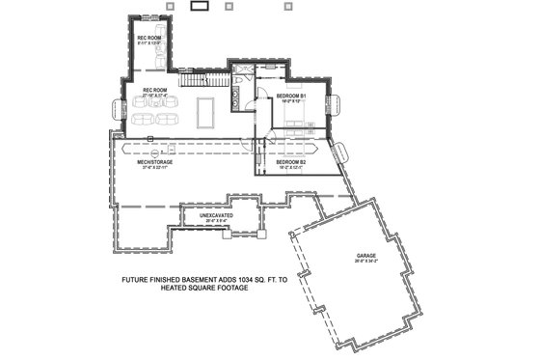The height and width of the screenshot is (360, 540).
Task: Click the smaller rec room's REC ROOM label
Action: pos(148,38)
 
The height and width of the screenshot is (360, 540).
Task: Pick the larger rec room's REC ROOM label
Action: pos(156,90)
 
